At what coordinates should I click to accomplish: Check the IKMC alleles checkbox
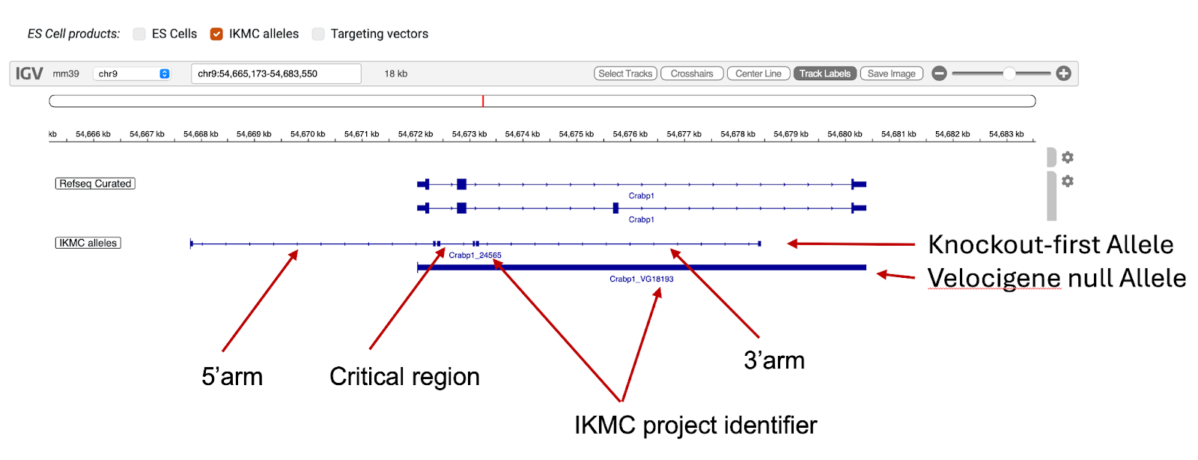click(x=216, y=34)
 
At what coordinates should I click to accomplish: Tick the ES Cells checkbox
click(x=139, y=34)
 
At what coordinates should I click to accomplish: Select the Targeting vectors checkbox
click(x=318, y=34)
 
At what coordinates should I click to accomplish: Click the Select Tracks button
click(x=625, y=73)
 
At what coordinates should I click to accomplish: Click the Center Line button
click(x=758, y=73)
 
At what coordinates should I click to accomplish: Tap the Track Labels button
click(x=824, y=73)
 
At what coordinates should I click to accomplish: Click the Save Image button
click(x=891, y=73)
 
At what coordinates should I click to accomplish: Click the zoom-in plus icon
click(x=1063, y=73)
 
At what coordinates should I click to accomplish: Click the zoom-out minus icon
click(x=940, y=73)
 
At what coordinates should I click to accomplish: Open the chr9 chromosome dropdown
click(x=133, y=73)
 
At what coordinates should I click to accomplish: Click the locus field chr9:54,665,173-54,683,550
click(x=276, y=73)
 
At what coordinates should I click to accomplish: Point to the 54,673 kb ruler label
click(x=469, y=134)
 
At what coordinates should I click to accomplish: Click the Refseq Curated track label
click(x=95, y=184)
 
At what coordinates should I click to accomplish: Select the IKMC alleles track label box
click(x=88, y=243)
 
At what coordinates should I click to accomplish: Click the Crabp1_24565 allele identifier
click(x=475, y=255)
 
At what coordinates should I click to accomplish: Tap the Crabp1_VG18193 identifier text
click(x=641, y=279)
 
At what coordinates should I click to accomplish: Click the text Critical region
click(x=404, y=376)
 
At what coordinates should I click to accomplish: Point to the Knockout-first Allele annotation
click(x=1050, y=244)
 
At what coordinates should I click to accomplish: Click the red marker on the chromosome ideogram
click(x=483, y=101)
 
